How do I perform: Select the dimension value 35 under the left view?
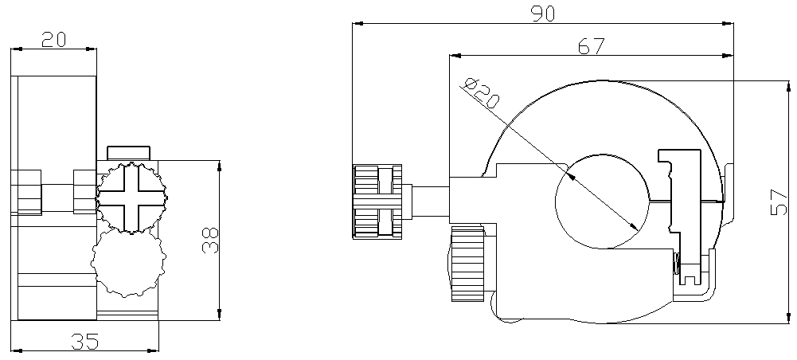click(85, 342)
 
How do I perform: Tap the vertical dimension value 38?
click(209, 240)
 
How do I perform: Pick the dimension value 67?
click(590, 46)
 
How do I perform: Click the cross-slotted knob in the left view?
click(131, 197)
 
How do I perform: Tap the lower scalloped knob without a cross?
click(128, 262)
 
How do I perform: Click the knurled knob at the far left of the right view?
click(377, 202)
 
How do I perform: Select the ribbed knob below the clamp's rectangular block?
click(467, 264)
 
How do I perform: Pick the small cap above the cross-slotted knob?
click(129, 152)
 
